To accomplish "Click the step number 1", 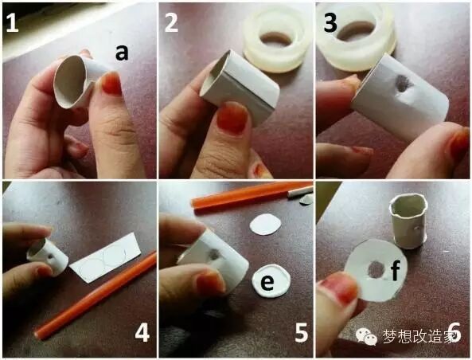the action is tap(12, 22).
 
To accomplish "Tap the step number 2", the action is tap(171, 22).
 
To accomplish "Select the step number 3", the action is tap(330, 22).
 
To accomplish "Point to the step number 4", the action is tap(142, 333).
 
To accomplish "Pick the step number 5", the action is tap(302, 333).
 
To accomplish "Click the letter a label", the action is tap(122, 53).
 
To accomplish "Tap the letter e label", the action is tap(267, 282).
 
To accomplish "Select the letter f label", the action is tap(395, 270).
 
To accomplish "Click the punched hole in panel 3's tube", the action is tap(402, 84).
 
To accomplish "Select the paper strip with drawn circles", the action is tap(105, 256).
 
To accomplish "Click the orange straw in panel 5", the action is tap(252, 196).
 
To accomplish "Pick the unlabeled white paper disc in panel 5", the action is tap(266, 224).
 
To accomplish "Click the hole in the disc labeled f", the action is tap(375, 270).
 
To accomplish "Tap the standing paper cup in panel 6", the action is tap(408, 221).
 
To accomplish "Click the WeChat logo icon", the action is tap(366, 336).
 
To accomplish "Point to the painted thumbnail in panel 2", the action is tap(232, 118).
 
